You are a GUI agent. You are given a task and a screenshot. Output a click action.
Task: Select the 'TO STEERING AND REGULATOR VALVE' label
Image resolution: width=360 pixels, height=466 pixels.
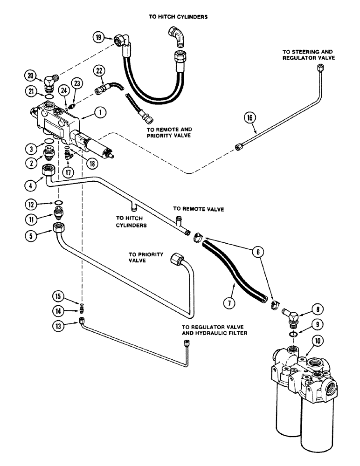(308, 55)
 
